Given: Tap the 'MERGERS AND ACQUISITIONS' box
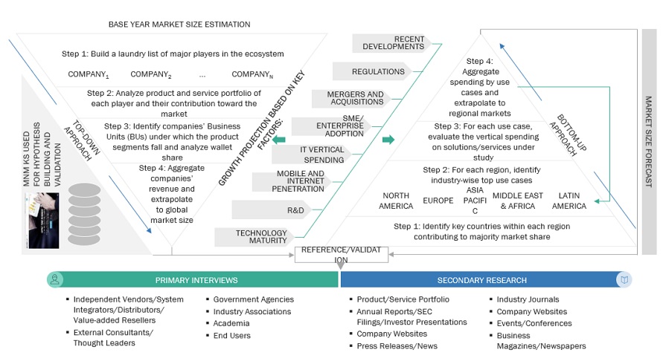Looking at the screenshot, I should click(x=355, y=97).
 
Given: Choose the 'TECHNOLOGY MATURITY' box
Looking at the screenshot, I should click(x=261, y=237).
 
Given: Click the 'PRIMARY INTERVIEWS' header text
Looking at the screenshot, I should click(x=196, y=280).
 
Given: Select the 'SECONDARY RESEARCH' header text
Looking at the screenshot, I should click(x=482, y=280).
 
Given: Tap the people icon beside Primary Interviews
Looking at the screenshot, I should click(x=54, y=280).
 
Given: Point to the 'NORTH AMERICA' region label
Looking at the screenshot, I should click(x=396, y=201).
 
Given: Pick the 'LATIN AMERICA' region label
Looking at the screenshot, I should click(x=569, y=201).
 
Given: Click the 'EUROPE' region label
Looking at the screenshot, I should click(x=438, y=201).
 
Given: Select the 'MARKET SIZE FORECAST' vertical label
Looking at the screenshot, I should click(x=648, y=141).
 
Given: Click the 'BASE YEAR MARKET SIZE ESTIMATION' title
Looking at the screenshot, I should click(x=179, y=25).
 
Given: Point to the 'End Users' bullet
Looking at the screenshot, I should click(x=232, y=335).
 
